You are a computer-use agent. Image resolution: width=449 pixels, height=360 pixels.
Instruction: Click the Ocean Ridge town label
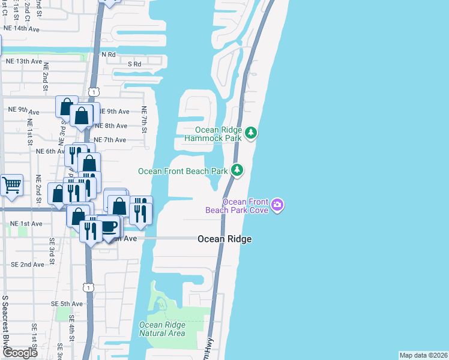224,239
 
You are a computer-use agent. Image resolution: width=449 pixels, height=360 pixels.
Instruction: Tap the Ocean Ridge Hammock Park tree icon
251,133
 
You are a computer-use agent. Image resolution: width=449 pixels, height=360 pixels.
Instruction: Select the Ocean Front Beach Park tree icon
238,171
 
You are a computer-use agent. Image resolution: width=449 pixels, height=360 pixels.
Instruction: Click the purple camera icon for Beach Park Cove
277,205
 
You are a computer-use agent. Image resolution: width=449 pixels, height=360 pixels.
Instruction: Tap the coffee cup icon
109,227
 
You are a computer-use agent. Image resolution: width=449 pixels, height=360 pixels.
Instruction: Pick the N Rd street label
108,55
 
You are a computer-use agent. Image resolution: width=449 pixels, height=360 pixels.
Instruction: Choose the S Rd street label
134,64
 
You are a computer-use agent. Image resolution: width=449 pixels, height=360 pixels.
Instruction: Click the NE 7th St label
144,120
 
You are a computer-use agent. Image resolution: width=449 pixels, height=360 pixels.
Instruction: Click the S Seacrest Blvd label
5,324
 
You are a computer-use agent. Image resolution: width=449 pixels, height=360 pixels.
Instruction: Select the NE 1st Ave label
26,224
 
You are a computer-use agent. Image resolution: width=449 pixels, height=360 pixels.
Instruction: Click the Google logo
20,353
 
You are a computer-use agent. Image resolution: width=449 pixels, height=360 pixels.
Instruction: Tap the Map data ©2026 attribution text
423,355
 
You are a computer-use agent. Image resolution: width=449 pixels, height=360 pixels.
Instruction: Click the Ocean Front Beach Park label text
183,171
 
